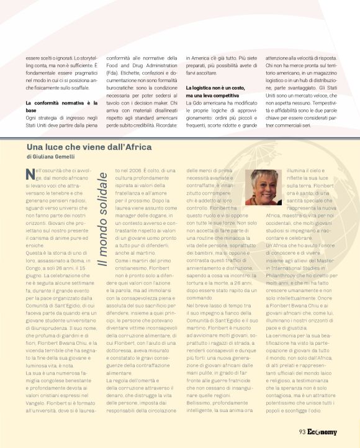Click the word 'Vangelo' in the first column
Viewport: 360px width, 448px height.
(x=38, y=385)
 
